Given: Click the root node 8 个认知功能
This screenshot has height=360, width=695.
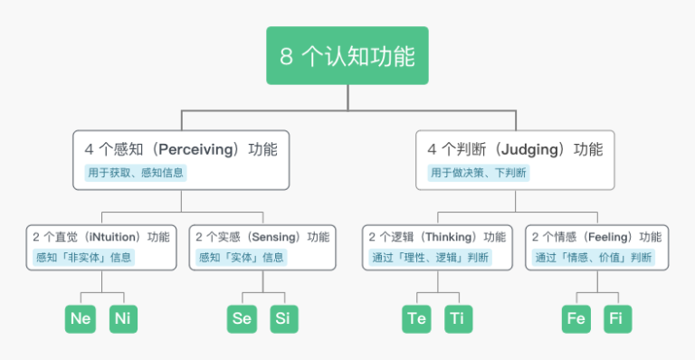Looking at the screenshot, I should click(347, 56).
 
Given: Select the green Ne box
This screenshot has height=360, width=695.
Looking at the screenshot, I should click(80, 318).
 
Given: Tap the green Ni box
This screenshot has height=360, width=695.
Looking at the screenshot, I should click(123, 318).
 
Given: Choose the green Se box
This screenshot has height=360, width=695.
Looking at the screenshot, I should click(242, 318).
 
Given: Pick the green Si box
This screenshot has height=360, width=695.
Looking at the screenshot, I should click(284, 318).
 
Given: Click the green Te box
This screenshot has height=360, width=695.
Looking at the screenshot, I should click(416, 318).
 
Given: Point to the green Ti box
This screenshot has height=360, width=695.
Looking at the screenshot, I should click(459, 318).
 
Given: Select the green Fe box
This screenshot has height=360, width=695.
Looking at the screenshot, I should click(576, 318).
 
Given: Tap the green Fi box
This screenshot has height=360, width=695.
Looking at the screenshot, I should click(617, 318).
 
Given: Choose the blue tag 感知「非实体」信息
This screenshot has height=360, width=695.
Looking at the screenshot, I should click(82, 257).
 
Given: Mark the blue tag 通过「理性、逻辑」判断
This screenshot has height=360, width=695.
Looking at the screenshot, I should click(431, 257).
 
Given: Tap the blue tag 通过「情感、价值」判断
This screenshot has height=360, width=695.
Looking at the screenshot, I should click(593, 257).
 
